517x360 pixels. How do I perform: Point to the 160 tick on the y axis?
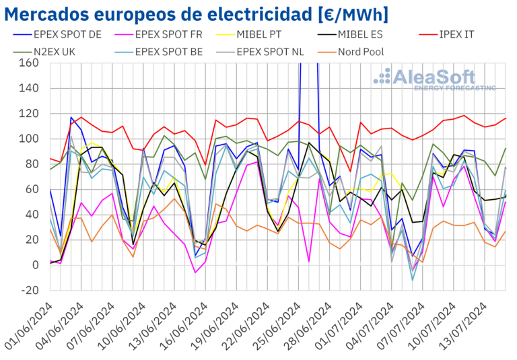(29, 63)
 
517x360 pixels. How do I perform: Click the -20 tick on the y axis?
(29, 290)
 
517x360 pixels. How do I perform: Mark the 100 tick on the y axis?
(29, 139)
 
